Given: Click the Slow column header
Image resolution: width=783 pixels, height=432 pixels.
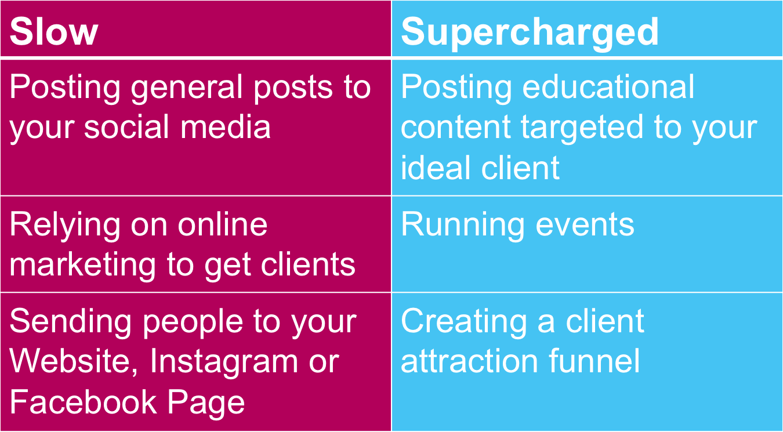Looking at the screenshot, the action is pos(54,32).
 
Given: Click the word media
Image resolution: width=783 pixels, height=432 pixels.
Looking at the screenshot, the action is pos(226,126).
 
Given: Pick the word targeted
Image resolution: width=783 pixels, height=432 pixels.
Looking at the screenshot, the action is pos(582,129).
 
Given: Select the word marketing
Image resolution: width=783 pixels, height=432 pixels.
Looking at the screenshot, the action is pos(82,266).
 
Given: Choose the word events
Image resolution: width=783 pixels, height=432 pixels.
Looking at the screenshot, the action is pos(585,226).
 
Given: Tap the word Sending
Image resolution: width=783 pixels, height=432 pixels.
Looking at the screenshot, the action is pos(71,323).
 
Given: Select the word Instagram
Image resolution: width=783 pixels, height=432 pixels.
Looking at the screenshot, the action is pos(224,363).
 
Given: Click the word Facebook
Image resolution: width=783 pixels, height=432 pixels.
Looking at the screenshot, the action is pos(83,401).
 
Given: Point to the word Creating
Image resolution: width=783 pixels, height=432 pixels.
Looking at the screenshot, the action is pos(464,323).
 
